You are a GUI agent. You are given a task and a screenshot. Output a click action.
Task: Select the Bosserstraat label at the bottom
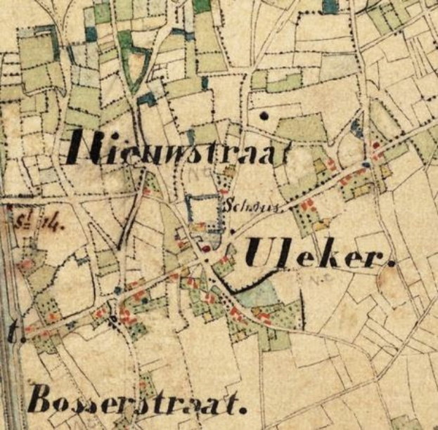click(x=137, y=403)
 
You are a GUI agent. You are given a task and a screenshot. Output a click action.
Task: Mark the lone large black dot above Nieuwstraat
click(x=264, y=115)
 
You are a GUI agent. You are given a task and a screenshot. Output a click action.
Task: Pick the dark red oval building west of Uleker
click(x=206, y=247)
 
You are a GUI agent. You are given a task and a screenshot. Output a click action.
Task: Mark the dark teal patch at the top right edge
click(x=330, y=6)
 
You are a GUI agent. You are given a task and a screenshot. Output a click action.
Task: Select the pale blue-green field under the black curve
click(x=257, y=295)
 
